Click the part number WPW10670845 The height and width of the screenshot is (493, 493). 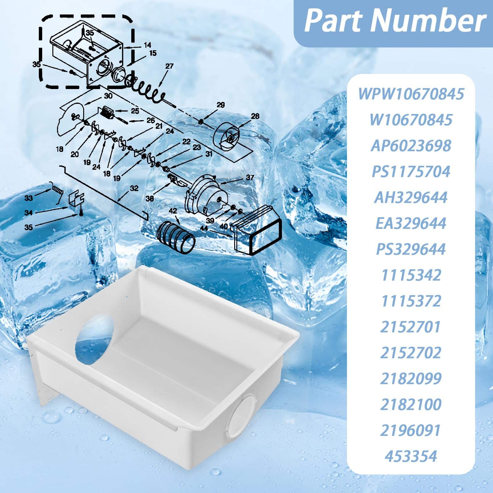pos(411,93)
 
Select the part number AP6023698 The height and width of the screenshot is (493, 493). pos(411,145)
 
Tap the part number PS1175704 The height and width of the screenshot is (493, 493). pos(411,171)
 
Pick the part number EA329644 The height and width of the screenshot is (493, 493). pos(411,223)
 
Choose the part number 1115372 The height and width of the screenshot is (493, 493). pos(411,301)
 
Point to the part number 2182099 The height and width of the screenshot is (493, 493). pos(411,379)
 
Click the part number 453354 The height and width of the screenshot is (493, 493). pos(411,456)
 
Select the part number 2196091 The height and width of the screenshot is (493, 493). pos(411,430)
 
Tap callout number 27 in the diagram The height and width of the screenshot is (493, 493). pos(169,66)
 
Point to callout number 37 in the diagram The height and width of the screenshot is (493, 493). pos(250,177)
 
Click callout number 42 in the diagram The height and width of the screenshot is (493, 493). pos(173,211)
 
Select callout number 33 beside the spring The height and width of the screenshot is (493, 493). pos(29,198)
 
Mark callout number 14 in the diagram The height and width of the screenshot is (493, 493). pos(147,46)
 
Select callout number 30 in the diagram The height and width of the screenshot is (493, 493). pos(108,96)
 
